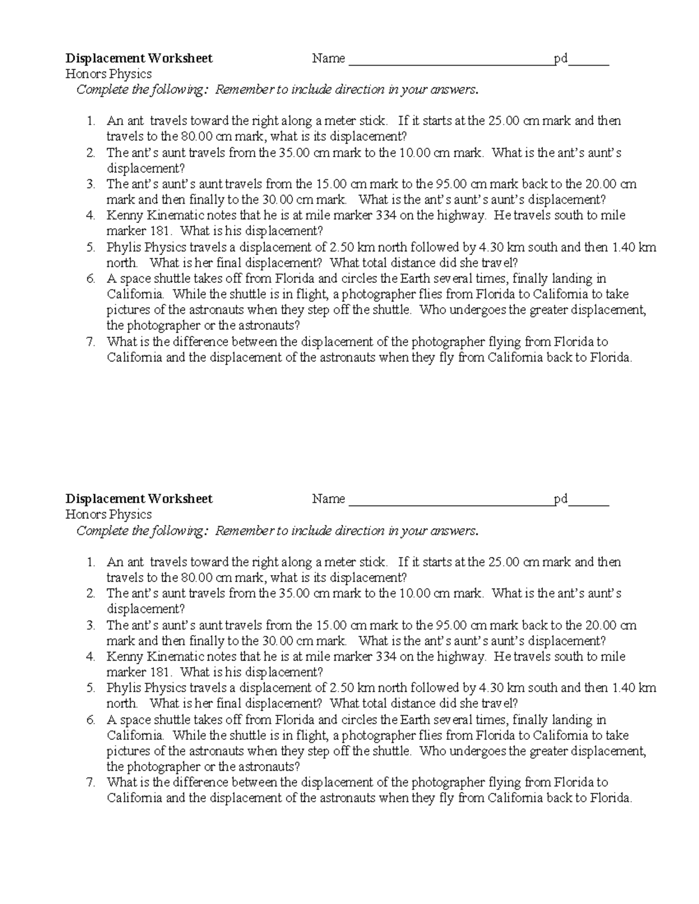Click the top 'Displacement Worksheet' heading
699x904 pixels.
coord(139,58)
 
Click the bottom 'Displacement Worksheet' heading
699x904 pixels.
coord(139,499)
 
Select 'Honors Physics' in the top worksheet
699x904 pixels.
coord(108,74)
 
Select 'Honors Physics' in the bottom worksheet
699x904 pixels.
coord(108,515)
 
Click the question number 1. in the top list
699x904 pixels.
coord(90,121)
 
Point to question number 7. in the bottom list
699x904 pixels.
coord(90,782)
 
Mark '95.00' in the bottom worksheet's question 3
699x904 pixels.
coord(451,625)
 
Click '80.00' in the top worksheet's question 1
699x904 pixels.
coord(196,137)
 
